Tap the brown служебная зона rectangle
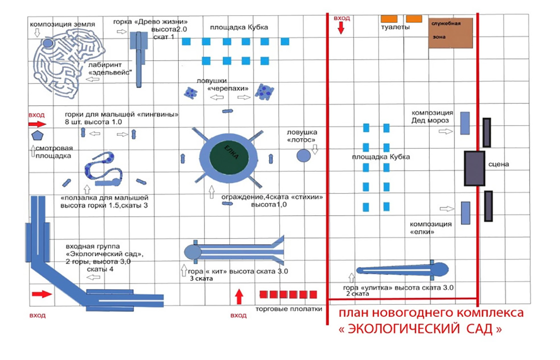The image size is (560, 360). [x=451, y=33]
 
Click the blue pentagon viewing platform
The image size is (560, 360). [x=37, y=136]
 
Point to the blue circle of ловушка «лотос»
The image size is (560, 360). [x=303, y=155]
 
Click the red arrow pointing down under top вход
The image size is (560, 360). [x=341, y=28]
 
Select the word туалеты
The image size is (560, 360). [x=394, y=28]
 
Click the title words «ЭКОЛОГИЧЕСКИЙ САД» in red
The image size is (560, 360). [x=420, y=329]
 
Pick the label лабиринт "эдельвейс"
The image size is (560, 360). [x=108, y=69]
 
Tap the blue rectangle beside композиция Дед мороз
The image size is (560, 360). [x=465, y=123]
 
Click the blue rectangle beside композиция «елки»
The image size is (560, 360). [x=465, y=212]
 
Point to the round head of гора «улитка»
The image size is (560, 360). [x=441, y=269]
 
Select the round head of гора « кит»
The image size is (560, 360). [x=192, y=252]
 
